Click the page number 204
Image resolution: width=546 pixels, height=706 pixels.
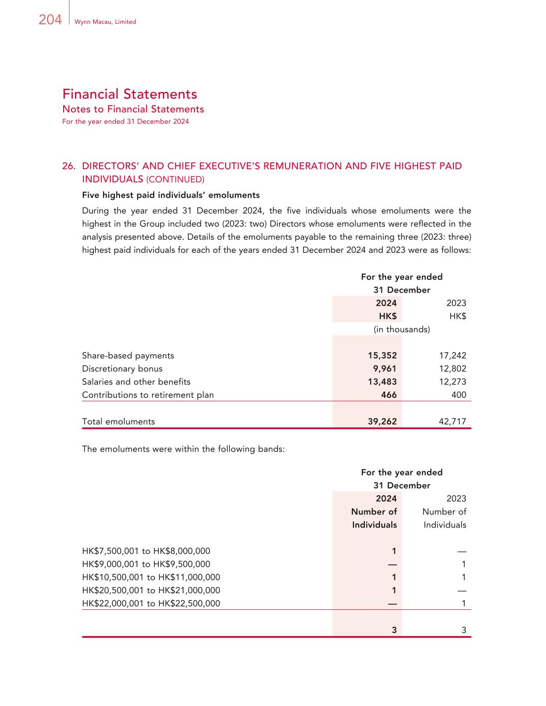coord(50,20)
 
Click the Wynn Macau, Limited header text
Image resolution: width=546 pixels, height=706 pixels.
coord(105,22)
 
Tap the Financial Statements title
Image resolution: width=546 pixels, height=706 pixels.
coord(129,94)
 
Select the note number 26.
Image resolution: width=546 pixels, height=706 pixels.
coord(69,166)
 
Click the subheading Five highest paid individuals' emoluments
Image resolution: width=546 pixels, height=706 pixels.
coord(171,195)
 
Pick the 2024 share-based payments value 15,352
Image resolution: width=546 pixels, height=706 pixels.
coord(382,355)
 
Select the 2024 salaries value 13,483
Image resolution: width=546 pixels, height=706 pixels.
coord(382,382)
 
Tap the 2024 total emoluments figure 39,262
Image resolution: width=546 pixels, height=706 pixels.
coord(382,422)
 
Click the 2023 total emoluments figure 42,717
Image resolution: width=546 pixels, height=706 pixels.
coord(452,422)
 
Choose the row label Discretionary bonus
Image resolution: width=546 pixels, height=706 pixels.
coord(122,369)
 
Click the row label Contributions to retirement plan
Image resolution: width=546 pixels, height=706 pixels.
coord(147,395)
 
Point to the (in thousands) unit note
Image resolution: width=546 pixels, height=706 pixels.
coord(402,329)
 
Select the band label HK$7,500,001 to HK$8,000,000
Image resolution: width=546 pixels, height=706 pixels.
coord(146,551)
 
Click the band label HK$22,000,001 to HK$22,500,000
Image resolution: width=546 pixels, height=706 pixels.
coord(151,603)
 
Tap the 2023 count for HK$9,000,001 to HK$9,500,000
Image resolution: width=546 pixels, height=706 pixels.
coord(463,564)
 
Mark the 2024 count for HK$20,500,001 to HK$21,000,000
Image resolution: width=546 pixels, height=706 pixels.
coord(394,590)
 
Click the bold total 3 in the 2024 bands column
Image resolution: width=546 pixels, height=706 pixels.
coord(394,630)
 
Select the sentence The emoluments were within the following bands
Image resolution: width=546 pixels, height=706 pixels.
coord(183,449)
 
